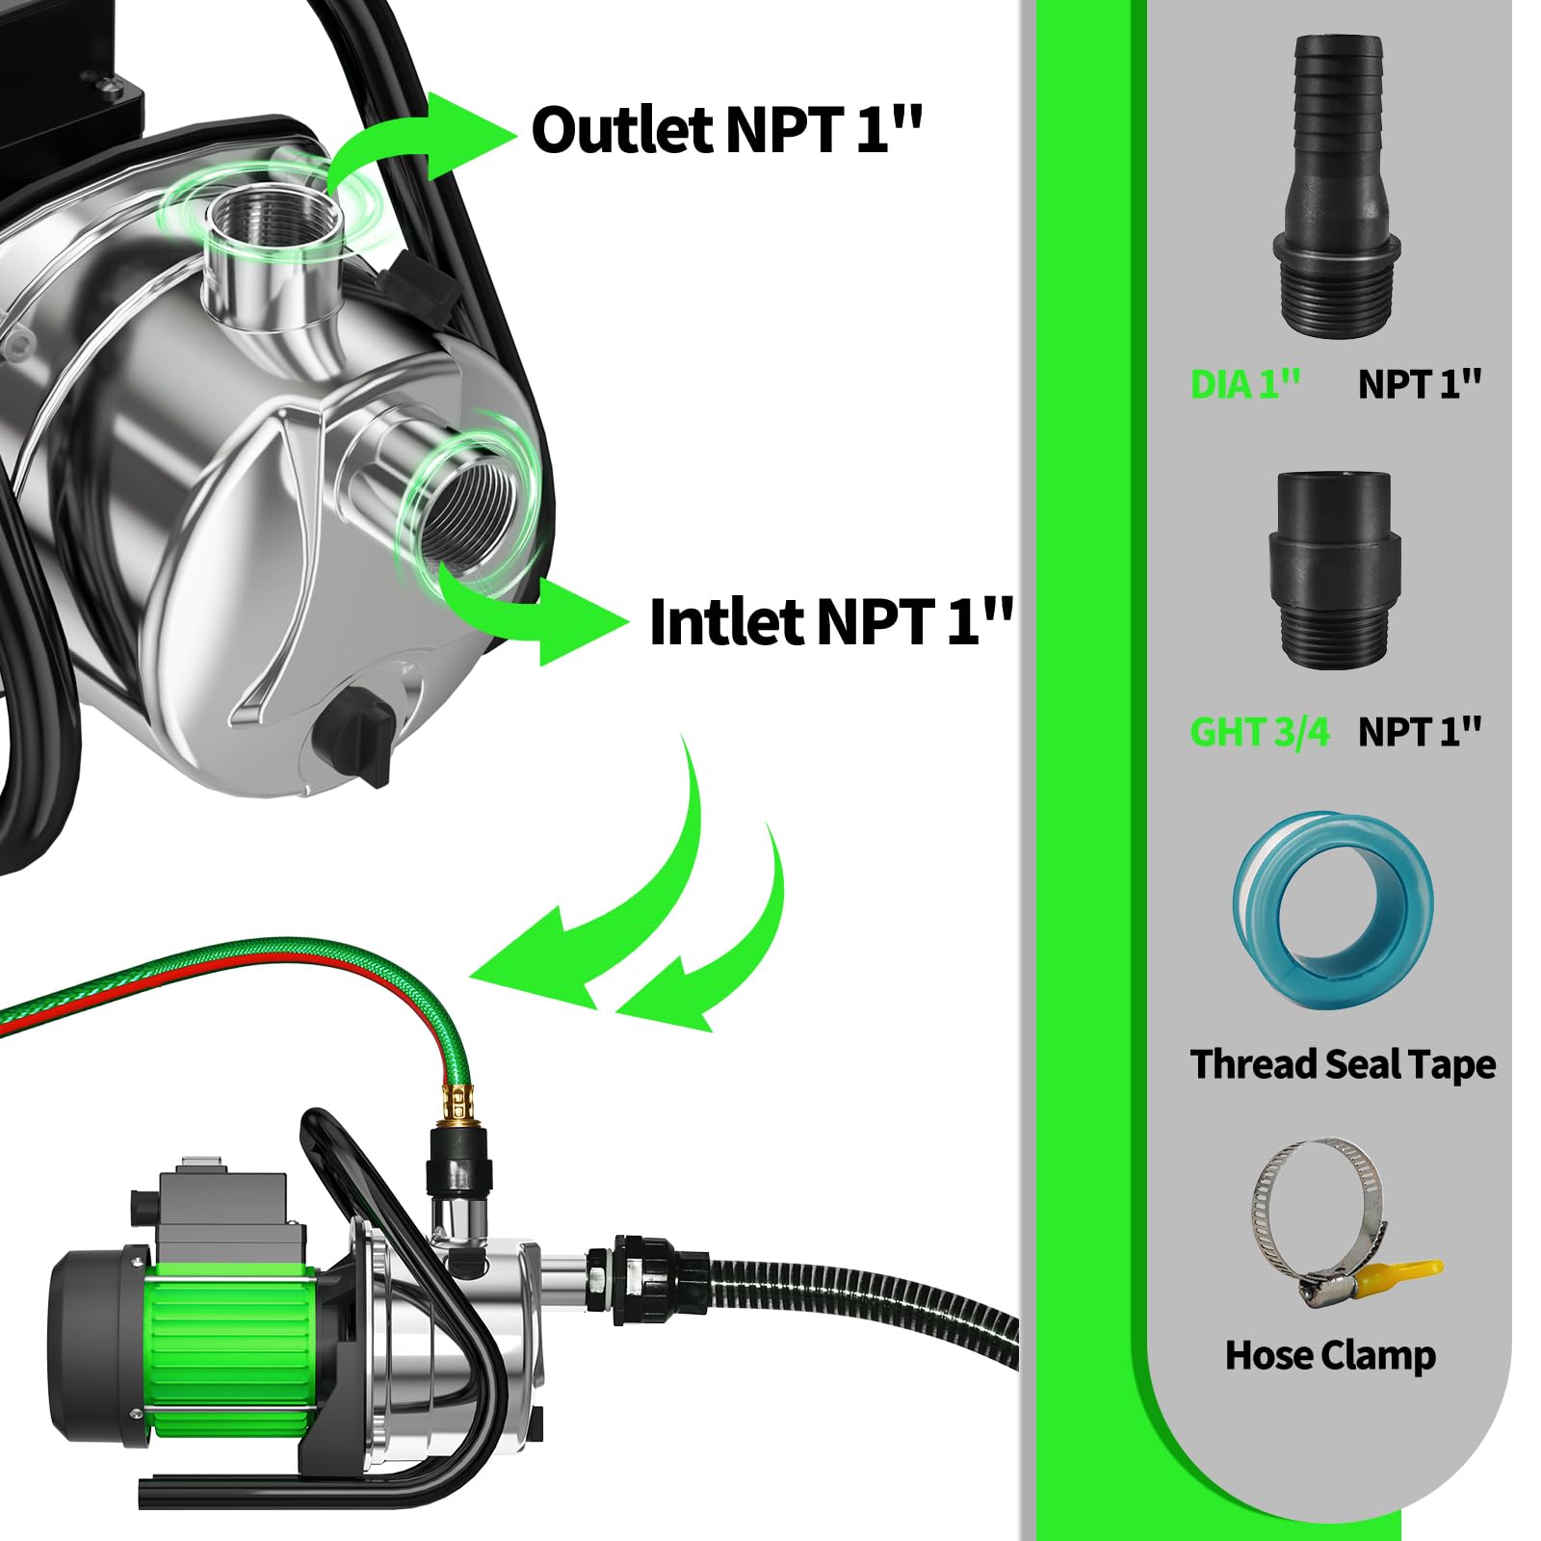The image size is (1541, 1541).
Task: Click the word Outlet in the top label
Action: coord(621,130)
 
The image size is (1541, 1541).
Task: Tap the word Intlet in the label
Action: coord(726,622)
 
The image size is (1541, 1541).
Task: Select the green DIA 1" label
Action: coord(1245,384)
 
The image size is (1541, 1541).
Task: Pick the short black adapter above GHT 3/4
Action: coord(1334,567)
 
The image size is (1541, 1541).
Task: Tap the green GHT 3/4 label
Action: coord(1259,732)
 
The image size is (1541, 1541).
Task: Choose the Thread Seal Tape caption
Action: coord(1343,1064)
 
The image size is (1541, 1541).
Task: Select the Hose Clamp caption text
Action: coord(1330,1355)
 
